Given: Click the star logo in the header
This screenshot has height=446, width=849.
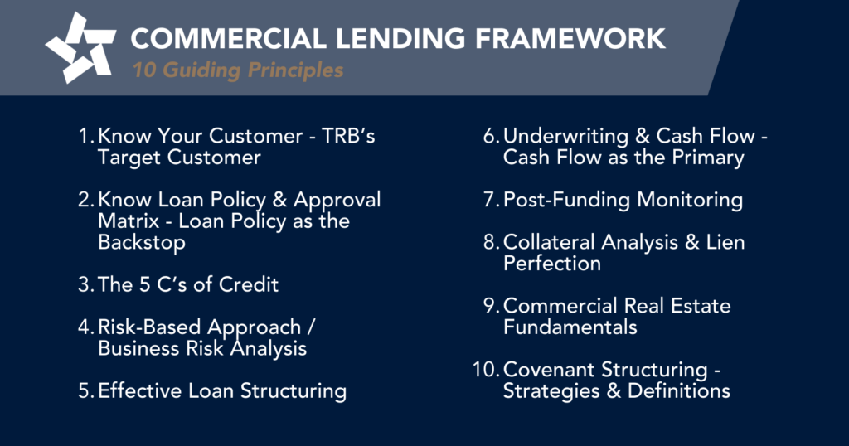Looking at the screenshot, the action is tap(80, 47).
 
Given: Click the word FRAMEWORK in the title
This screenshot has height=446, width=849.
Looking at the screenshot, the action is tap(570, 38).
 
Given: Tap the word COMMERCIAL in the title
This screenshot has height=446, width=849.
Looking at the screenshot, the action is tap(228, 38).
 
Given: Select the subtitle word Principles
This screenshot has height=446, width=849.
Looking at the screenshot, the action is tap(295, 70).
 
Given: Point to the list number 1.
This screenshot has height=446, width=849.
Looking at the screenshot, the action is tap(86, 136).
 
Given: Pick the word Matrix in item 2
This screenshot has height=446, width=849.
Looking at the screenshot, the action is tap(129, 221).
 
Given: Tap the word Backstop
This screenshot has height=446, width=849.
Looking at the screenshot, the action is tap(142, 243).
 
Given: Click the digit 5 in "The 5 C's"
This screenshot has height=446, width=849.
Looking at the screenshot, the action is tap(144, 284).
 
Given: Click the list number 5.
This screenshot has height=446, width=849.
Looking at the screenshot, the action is tap(86, 391).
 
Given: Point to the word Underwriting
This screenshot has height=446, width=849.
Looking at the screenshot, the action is tap(565, 137).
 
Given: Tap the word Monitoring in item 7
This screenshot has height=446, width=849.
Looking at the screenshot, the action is tap(690, 201).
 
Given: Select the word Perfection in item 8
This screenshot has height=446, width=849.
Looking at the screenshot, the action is tap(551, 264).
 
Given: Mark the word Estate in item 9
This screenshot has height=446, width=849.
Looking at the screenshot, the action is tap(701, 306).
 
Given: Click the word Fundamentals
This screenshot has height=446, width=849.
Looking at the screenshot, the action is tap(570, 327).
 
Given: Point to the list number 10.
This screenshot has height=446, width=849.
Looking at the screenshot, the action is tap(486, 370).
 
